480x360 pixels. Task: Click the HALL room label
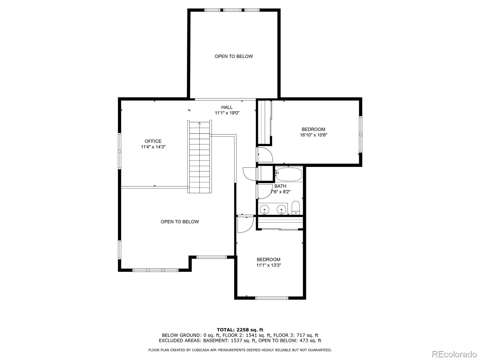point(227,107)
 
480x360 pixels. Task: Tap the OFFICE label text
point(153,141)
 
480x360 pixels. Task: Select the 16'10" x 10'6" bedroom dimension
point(313,135)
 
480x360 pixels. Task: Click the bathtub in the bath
point(289,174)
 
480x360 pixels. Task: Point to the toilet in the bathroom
point(296,208)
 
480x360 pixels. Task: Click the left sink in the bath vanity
point(265,209)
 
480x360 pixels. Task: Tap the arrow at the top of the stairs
point(199,123)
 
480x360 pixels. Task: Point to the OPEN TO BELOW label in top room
point(234,56)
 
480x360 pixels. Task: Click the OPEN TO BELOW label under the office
point(180,222)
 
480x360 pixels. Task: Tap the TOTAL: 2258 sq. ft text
point(240,330)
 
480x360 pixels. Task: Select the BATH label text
point(280,186)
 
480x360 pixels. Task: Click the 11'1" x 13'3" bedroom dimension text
point(268,265)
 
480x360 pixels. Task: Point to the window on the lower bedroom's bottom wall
point(271,298)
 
